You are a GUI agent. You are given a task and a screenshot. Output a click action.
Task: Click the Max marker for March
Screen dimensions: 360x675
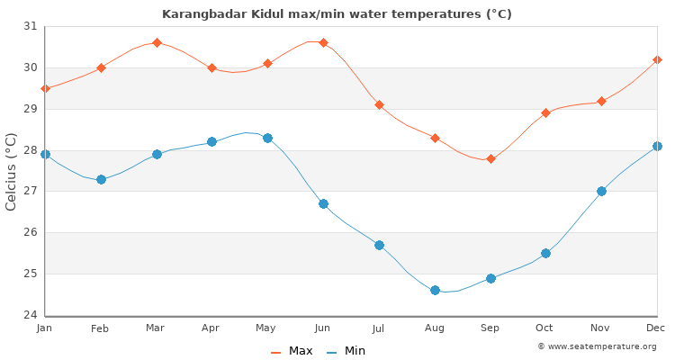(157, 42)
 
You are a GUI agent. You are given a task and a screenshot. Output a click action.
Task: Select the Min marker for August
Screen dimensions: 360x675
(435, 290)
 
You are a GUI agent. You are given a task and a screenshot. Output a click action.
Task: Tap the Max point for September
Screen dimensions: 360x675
(490, 158)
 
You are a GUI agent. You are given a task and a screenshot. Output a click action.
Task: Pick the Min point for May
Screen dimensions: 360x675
(267, 138)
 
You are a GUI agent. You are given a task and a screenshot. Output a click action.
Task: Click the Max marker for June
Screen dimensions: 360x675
(323, 42)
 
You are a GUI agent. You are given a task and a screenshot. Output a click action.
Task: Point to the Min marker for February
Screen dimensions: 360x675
(101, 179)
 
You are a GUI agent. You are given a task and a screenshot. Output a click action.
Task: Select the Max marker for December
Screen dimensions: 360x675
(657, 59)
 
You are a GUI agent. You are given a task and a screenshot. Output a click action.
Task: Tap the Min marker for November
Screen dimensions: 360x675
(601, 191)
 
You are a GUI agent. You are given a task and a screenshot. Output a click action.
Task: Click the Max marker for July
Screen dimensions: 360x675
(379, 104)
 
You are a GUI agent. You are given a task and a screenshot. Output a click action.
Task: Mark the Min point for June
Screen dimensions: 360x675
(323, 203)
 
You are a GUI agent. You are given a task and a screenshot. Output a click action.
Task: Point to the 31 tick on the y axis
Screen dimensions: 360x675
(31, 26)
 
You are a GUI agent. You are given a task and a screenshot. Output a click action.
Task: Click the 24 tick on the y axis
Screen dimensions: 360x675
(31, 315)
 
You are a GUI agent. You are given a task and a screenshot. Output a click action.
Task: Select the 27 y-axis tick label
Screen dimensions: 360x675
(31, 191)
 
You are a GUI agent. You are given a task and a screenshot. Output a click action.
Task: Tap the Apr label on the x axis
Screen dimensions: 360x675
(211, 328)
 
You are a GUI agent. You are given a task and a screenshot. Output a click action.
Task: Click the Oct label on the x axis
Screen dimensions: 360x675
(545, 328)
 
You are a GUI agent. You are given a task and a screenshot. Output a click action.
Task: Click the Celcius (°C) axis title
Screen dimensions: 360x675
(12, 171)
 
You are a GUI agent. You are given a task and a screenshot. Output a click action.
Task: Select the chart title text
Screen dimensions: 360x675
(337, 13)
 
